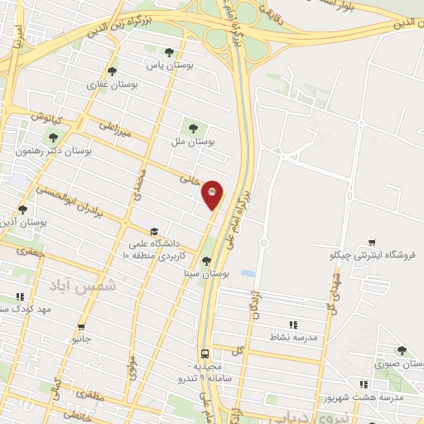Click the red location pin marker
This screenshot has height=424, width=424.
pyautogui.click(x=213, y=194)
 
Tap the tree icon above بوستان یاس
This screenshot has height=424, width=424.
pyautogui.click(x=170, y=52)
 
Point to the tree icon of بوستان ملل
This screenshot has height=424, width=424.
pyautogui.click(x=193, y=128)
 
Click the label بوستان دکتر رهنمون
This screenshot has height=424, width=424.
pyautogui.click(x=55, y=152)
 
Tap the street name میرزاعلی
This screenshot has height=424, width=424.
pyautogui.click(x=115, y=131)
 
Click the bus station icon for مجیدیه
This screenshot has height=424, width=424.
pyautogui.click(x=204, y=352)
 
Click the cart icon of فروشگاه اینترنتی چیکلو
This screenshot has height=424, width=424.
pyautogui.click(x=372, y=243)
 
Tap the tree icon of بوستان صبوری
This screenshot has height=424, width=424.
pyautogui.click(x=402, y=351)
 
